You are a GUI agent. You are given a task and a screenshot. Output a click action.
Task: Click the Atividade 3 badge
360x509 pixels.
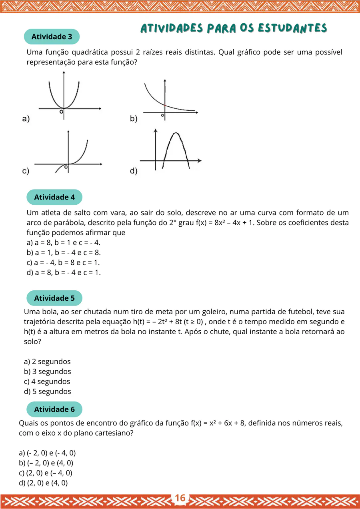(52, 37)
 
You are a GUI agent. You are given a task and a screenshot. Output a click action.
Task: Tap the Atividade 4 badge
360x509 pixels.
(54, 197)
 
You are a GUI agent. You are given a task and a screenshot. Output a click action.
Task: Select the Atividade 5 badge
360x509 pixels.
(54, 298)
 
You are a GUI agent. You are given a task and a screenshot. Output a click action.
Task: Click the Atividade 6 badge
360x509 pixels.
(54, 409)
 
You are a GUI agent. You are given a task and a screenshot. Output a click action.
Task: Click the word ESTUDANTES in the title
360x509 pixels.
(292, 28)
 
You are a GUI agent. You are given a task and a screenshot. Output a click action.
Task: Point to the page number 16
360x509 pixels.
(180, 498)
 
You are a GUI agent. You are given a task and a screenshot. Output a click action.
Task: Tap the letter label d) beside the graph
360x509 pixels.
(134, 171)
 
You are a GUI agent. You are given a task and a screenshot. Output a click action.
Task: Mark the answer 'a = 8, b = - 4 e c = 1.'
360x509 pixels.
(64, 273)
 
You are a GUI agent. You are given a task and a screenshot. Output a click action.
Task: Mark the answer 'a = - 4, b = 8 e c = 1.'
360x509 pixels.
(63, 263)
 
